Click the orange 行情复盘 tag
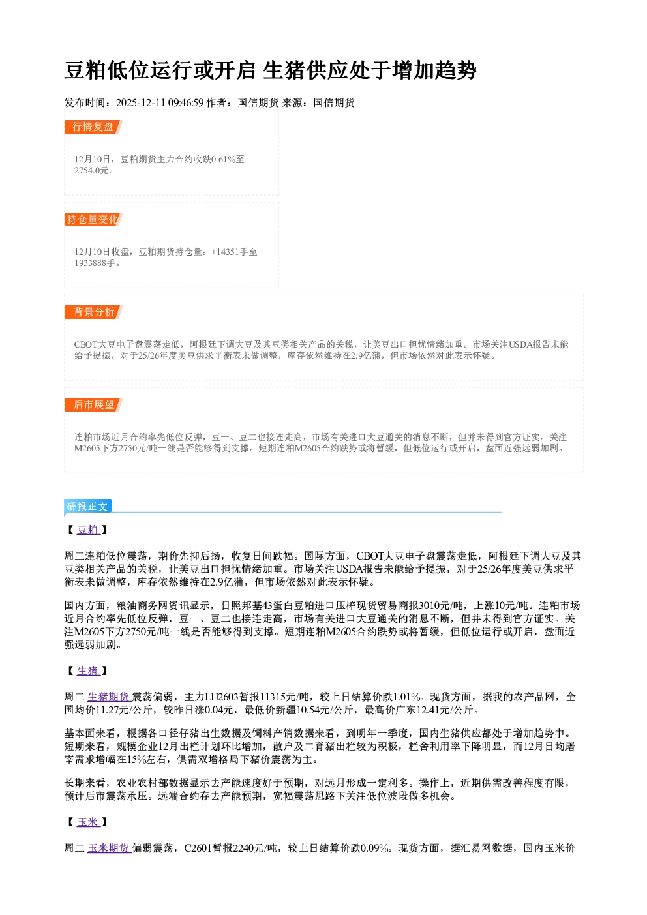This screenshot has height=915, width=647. [x=93, y=127]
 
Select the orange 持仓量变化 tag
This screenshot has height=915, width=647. [x=93, y=219]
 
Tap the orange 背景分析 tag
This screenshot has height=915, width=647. [x=93, y=312]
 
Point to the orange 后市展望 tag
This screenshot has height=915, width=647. [x=93, y=405]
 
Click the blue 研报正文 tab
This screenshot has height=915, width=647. [x=87, y=507]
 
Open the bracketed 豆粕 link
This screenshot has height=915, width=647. [x=88, y=530]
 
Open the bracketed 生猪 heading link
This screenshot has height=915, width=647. [x=88, y=670]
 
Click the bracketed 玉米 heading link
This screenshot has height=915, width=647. [x=88, y=822]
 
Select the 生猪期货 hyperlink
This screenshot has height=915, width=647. [x=109, y=697]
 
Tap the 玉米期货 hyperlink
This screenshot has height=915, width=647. [x=109, y=848]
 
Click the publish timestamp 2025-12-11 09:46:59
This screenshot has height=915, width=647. [x=160, y=102]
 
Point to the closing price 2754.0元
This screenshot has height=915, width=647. [x=91, y=171]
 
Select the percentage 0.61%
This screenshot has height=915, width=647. [x=224, y=159]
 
